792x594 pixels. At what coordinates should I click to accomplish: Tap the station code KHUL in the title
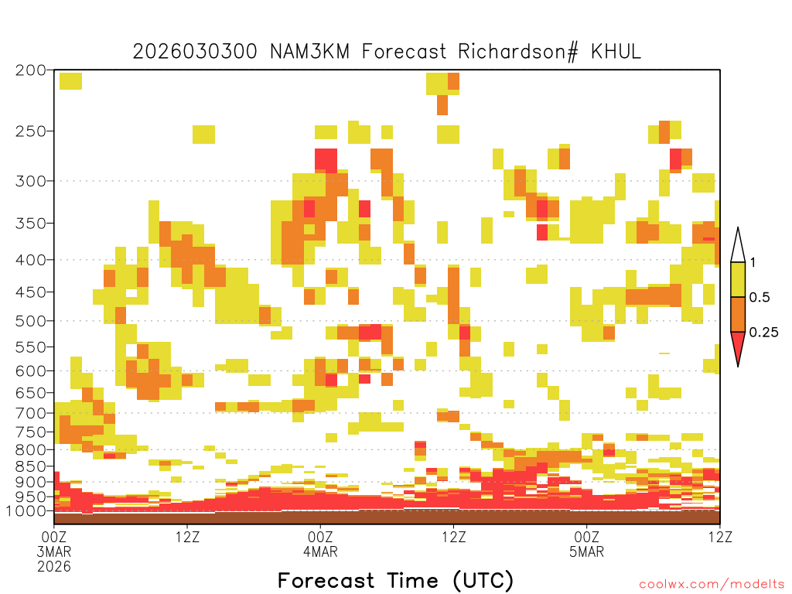[x=616, y=51]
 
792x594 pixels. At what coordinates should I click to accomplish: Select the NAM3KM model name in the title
[x=309, y=51]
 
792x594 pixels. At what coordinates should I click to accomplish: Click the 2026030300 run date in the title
[x=194, y=51]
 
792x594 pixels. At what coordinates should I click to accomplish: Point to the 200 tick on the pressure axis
[x=30, y=70]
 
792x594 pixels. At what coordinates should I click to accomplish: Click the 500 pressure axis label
[x=30, y=321]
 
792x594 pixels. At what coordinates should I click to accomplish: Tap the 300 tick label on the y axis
[x=30, y=181]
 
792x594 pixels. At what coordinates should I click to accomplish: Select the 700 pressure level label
[x=30, y=413]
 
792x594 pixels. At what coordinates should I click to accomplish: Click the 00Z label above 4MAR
[x=320, y=537]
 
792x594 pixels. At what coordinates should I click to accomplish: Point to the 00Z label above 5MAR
[x=586, y=537]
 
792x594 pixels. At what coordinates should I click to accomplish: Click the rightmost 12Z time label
[x=720, y=537]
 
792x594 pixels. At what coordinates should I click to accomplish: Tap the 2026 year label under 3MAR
[x=54, y=566]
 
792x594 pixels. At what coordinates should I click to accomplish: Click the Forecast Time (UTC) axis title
[x=395, y=580]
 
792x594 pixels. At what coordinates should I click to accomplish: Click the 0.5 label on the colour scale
[x=760, y=297]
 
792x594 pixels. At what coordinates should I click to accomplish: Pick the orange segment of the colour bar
[x=738, y=314]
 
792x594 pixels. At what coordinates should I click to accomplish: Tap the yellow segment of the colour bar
[x=738, y=279]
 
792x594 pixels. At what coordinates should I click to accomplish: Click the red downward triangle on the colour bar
[x=738, y=345]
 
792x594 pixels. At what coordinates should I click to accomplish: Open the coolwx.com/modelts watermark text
[x=712, y=585]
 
